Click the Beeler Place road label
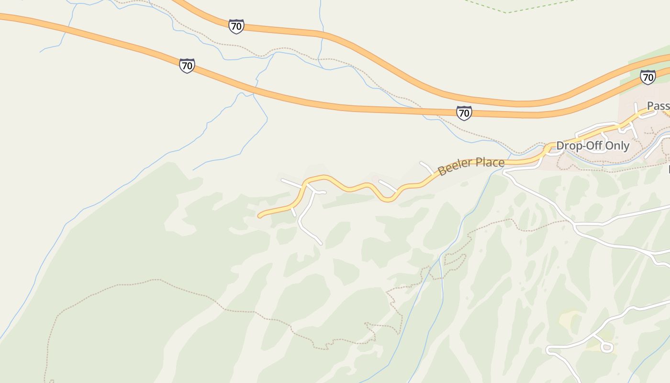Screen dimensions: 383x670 (x=471, y=166)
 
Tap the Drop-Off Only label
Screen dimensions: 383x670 (x=592, y=146)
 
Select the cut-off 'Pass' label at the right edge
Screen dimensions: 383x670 (x=659, y=106)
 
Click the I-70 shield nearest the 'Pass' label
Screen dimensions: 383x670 (x=648, y=77)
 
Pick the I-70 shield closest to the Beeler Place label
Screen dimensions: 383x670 (x=463, y=113)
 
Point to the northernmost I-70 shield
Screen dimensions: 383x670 (x=236, y=26)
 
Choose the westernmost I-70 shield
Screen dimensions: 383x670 (x=187, y=66)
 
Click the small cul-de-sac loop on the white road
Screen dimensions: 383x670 (x=607, y=347)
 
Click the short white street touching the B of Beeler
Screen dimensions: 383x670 (x=426, y=167)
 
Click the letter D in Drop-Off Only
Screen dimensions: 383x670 (x=560, y=146)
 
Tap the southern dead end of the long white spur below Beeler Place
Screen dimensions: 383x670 (x=321, y=244)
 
